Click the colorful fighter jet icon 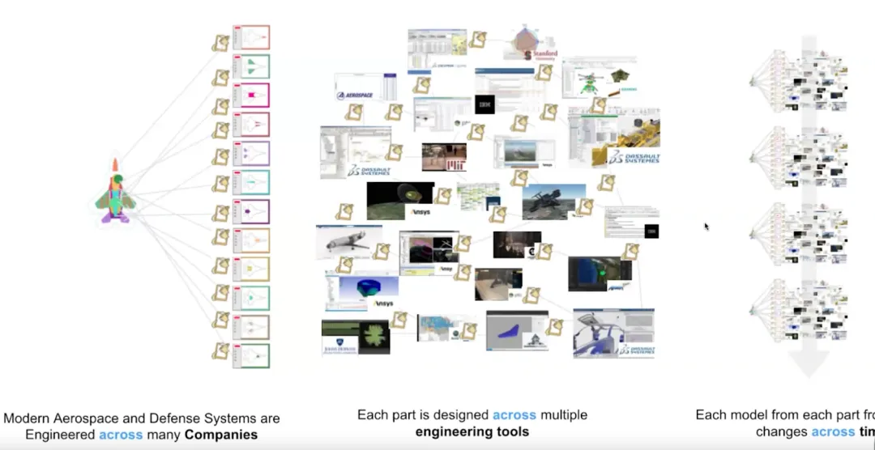pos(115,192)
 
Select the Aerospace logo pos(354,95)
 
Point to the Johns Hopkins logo pos(338,347)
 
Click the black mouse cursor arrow pos(706,227)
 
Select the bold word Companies pos(220,435)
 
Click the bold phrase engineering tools pos(472,431)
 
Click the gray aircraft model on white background pos(347,242)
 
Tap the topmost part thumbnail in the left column pos(251,38)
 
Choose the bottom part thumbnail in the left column pos(251,355)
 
